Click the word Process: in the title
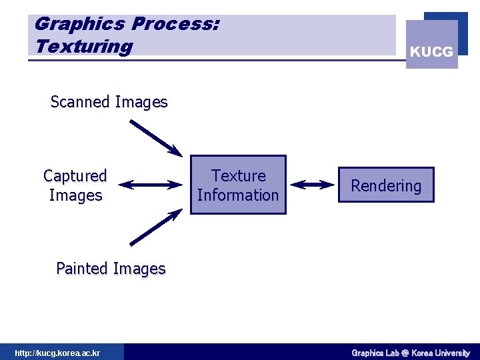pyautogui.click(x=175, y=24)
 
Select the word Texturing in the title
pyautogui.click(x=83, y=47)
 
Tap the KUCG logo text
pyautogui.click(x=431, y=51)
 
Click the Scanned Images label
pyautogui.click(x=109, y=102)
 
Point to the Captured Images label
pyautogui.click(x=75, y=185)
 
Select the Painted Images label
pyautogui.click(x=111, y=269)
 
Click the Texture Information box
pyautogui.click(x=238, y=185)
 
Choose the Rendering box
pyautogui.click(x=386, y=185)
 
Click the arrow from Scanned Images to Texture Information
pyautogui.click(x=155, y=138)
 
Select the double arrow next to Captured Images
pyautogui.click(x=153, y=185)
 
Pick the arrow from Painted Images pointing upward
pyautogui.click(x=155, y=227)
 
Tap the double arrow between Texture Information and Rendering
pyautogui.click(x=313, y=185)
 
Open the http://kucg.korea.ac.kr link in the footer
pyautogui.click(x=57, y=353)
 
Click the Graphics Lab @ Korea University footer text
pyautogui.click(x=410, y=353)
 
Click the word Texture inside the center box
pyautogui.click(x=238, y=176)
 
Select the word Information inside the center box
pyautogui.click(x=238, y=195)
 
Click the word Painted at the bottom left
pyautogui.click(x=83, y=269)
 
